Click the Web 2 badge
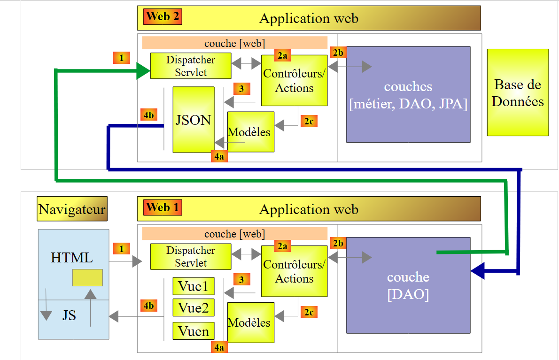tap(163, 16)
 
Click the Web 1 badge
tap(163, 207)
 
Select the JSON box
tap(193, 120)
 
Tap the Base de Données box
tap(518, 92)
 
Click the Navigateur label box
tap(72, 209)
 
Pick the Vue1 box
tap(194, 286)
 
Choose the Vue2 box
tap(194, 308)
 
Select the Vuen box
tap(194, 331)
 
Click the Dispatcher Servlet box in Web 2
tap(191, 66)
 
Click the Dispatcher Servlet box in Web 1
tap(191, 257)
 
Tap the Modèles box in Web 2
tap(250, 132)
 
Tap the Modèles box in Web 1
tap(250, 322)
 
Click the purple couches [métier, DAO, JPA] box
tap(408, 94)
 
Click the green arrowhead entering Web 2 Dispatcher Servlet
tap(143, 71)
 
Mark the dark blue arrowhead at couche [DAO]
tap(478, 271)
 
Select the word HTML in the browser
tap(72, 258)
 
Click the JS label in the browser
tap(69, 315)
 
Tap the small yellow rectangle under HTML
tap(87, 278)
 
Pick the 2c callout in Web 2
tap(309, 122)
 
